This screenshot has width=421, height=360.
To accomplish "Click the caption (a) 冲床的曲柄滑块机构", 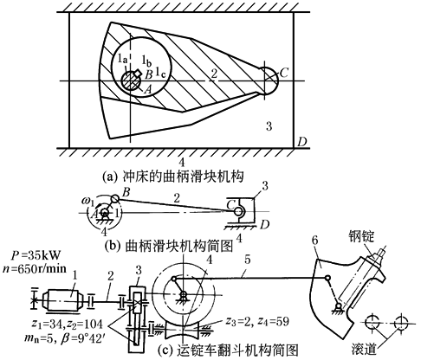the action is [x=173, y=176].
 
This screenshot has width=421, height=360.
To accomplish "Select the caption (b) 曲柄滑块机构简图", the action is [x=169, y=246].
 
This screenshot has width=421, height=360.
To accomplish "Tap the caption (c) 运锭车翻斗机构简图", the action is [x=228, y=350].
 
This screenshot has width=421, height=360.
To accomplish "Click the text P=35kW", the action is [x=36, y=255].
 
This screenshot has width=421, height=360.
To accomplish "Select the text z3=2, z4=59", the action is [x=257, y=321].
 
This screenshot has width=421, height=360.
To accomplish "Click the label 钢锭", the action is [x=361, y=237].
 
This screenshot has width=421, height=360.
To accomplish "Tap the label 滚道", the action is [x=365, y=349].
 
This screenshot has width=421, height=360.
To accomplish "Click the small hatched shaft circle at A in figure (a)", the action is [x=131, y=80].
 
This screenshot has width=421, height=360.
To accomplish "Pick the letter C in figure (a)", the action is [x=284, y=73].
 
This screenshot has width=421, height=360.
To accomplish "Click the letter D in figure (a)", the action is [x=301, y=142].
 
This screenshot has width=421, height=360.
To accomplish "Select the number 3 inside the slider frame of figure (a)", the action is [x=269, y=126].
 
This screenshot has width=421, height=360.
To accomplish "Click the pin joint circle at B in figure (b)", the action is [x=114, y=198].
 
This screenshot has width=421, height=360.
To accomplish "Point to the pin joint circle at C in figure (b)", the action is [x=239, y=211].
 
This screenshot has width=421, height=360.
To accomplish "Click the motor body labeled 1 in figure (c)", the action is [x=62, y=300].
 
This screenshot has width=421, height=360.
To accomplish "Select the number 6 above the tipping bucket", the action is [x=315, y=240].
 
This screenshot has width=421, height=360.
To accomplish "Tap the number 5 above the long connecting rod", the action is [x=248, y=260].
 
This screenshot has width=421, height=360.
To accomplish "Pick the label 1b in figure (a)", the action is [x=146, y=61].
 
